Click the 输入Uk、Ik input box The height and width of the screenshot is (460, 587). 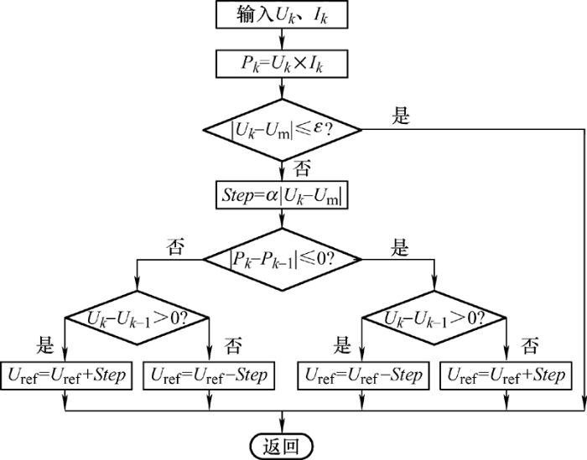[282, 14]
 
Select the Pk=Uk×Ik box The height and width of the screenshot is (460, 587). [282, 64]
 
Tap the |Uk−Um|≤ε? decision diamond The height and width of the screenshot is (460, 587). [283, 130]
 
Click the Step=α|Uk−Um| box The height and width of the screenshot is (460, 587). [282, 195]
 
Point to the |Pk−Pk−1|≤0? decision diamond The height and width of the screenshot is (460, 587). [283, 259]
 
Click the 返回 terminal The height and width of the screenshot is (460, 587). [282, 446]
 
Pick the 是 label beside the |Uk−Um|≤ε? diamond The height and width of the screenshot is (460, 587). [401, 115]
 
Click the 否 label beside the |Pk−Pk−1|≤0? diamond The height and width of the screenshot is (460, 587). [175, 247]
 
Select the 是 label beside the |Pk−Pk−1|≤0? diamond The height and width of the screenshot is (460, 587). [399, 247]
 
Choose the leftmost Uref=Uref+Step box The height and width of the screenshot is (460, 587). [66, 375]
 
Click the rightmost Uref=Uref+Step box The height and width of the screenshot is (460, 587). [506, 375]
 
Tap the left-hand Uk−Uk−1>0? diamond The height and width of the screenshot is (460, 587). [137, 318]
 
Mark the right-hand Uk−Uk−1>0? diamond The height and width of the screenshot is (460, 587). [434, 318]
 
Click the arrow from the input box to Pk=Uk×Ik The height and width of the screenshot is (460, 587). [282, 39]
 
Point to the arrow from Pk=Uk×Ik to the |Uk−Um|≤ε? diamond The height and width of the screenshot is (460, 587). [282, 88]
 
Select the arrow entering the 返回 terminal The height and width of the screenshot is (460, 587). [282, 422]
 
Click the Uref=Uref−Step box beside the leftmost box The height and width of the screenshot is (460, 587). [209, 375]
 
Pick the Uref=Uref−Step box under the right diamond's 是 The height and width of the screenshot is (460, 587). [363, 375]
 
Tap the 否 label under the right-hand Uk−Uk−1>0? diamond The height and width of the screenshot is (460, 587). [530, 345]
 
